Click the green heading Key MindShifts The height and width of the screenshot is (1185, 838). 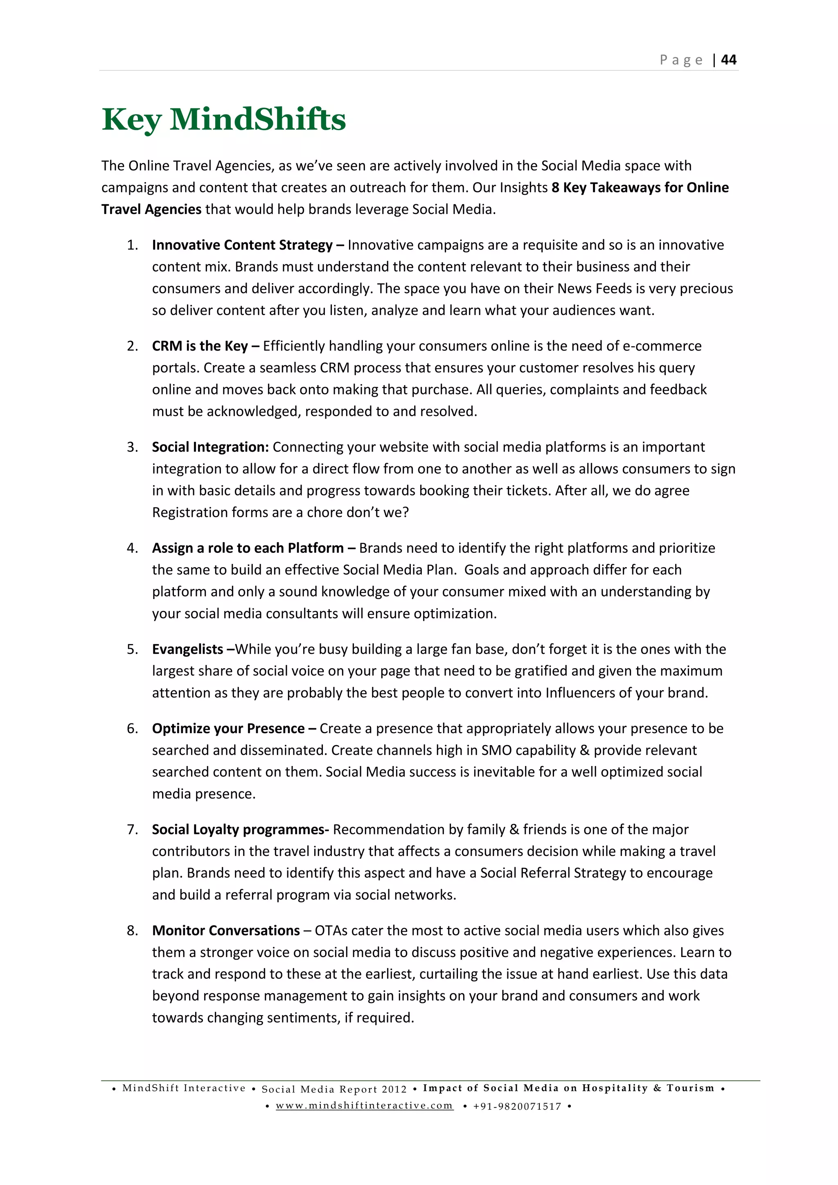pos(223,120)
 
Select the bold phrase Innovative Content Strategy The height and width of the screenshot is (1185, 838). pos(242,245)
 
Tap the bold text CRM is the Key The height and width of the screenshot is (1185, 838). pos(200,346)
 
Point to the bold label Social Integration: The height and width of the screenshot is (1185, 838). pos(210,447)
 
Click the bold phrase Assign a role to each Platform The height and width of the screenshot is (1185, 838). pos(248,548)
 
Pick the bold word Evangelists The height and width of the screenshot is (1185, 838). pos(187,649)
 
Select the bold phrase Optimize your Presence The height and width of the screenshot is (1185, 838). pos(228,729)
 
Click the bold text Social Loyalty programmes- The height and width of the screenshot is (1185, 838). pos(240,829)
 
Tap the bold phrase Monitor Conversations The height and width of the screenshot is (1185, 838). pos(225,930)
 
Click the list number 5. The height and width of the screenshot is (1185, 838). pos(132,649)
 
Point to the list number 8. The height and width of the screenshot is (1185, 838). pos(132,930)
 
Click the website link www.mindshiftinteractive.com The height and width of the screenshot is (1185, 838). pos(364,1106)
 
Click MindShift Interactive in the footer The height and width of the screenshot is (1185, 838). pos(184,1088)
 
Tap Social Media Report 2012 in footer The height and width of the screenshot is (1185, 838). pos(334,1089)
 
